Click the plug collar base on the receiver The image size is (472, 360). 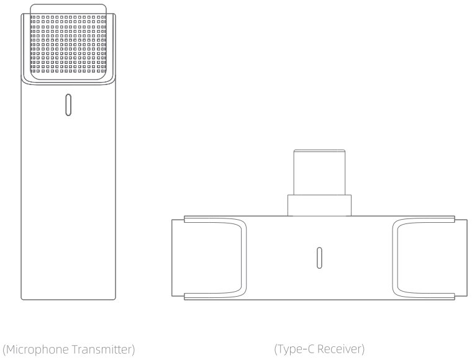click(x=319, y=205)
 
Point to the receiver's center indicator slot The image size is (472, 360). click(x=319, y=258)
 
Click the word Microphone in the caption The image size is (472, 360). click(x=37, y=349)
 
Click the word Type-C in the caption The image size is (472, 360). click(x=293, y=349)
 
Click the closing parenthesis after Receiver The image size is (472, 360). click(x=362, y=349)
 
